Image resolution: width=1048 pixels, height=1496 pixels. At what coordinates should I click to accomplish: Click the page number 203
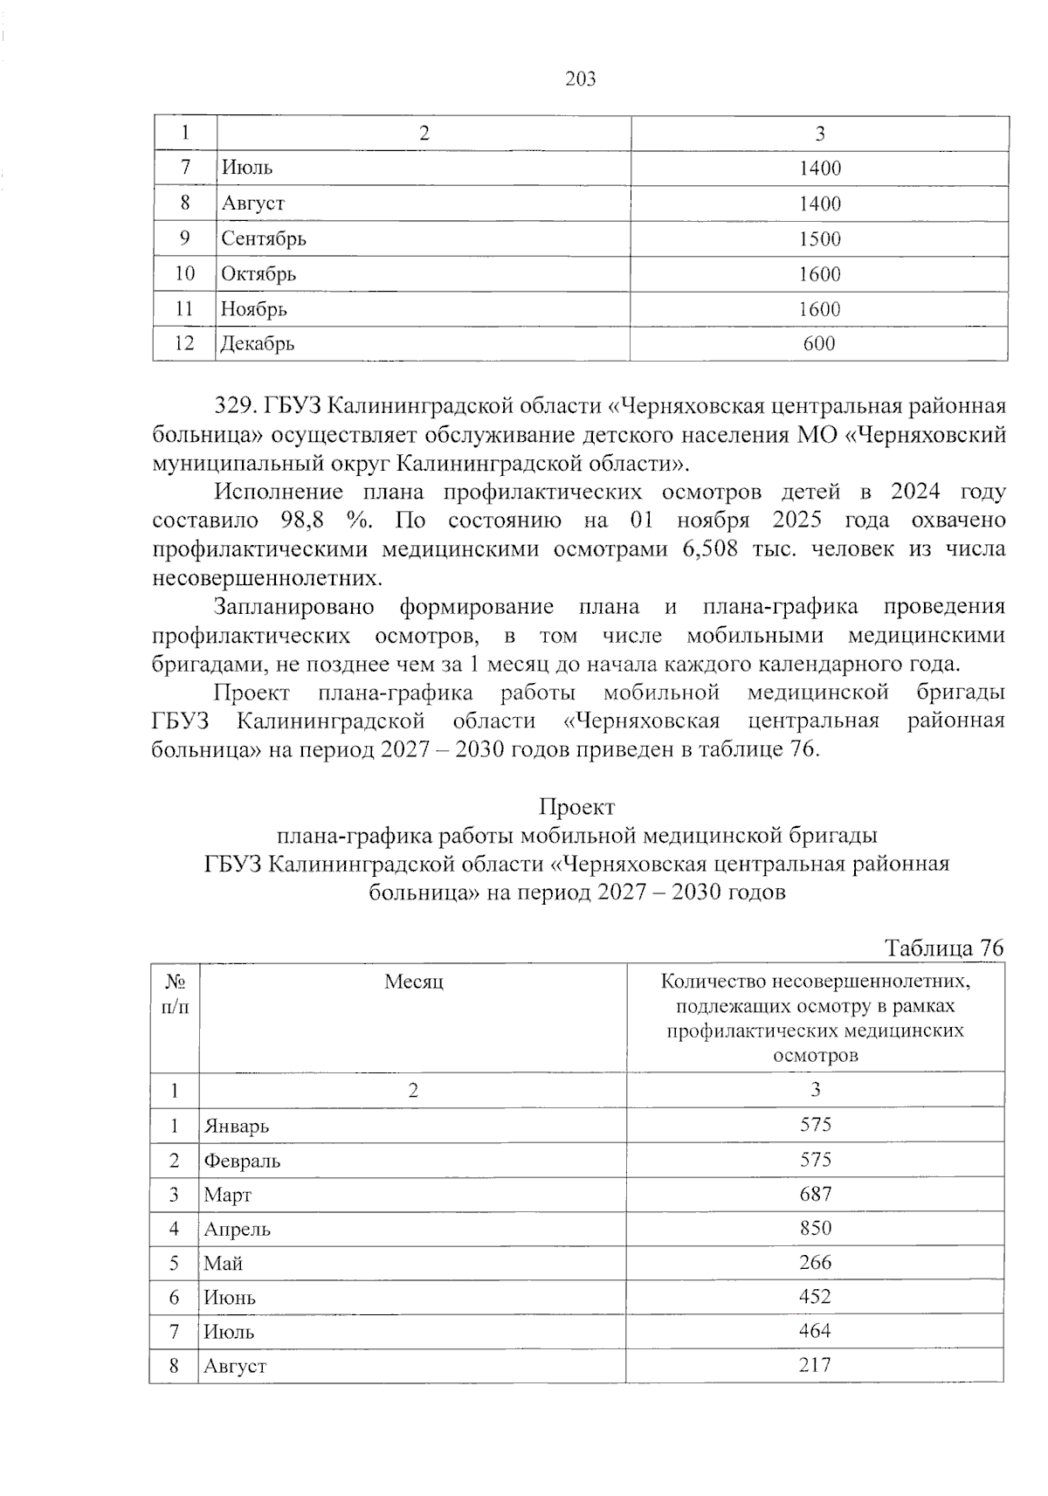coord(581,79)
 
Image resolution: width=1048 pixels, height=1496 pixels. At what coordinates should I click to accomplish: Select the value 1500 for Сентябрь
coord(819,239)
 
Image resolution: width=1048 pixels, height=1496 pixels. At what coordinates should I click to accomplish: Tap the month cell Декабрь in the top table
coord(258,344)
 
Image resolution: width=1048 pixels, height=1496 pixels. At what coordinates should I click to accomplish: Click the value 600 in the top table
coord(819,344)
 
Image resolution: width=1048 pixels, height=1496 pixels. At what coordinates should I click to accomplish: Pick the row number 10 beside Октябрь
coord(184,274)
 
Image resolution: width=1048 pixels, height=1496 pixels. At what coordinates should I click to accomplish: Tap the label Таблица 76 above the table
coord(944,948)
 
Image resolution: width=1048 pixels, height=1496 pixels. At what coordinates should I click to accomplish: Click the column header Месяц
coord(413,982)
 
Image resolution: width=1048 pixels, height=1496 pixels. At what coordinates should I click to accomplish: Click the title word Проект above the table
coord(576,807)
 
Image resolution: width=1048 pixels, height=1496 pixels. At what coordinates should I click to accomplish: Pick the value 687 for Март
coord(815,1194)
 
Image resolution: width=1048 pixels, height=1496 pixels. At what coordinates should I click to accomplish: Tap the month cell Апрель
coord(238,1230)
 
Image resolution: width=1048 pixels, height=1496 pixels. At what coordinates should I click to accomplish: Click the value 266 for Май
coord(815,1263)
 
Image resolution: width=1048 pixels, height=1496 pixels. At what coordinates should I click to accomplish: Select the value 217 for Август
coord(815,1365)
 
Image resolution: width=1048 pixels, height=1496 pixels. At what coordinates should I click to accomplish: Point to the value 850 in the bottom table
coord(815,1229)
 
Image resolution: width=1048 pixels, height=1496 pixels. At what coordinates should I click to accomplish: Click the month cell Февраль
coord(242,1162)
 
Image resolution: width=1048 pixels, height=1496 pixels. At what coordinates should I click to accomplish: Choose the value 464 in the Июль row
coord(815,1331)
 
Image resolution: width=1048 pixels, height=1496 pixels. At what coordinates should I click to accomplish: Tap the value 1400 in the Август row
coord(819,204)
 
